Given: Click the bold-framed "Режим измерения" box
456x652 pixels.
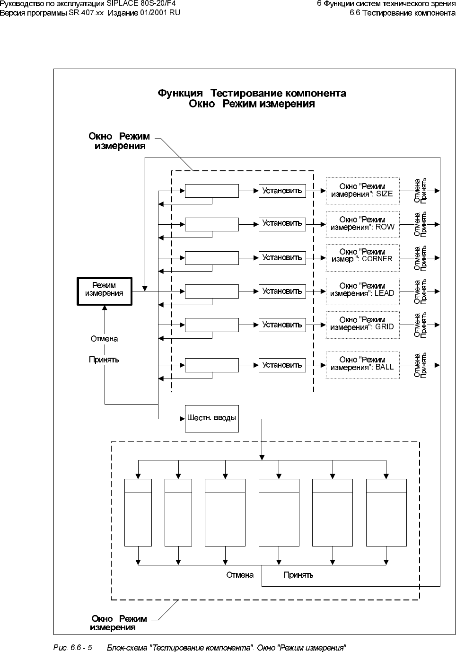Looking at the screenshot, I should coord(105,291).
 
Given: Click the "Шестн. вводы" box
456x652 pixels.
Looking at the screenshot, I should coord(211,418).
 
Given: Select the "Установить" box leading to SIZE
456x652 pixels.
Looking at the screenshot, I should coord(282,191).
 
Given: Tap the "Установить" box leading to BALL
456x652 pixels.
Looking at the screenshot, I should coord(282,365).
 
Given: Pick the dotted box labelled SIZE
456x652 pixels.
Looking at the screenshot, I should coord(362,191).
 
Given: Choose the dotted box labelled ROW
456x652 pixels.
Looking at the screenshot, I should coord(362,224).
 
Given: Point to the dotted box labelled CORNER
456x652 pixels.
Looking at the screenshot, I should coord(362,257).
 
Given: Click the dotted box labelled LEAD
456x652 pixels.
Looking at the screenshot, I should coord(362,291).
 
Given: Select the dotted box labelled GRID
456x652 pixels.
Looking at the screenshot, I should coord(362,324).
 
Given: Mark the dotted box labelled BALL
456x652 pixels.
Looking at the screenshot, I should coord(362,365).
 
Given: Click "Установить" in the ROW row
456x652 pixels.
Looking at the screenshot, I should coord(282,223).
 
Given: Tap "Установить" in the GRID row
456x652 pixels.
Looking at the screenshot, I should coord(282,325).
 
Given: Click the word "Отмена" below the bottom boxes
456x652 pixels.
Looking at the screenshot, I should coord(240,575).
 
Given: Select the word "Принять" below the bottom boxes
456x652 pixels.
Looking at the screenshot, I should coord(298,575).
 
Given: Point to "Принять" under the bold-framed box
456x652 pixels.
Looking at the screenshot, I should coord(104,360).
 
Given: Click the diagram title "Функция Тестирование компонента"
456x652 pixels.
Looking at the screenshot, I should coord(252,93).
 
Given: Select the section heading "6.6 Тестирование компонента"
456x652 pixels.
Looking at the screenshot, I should coord(403,13).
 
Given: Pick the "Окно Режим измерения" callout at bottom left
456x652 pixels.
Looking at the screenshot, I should coord(119,623).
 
